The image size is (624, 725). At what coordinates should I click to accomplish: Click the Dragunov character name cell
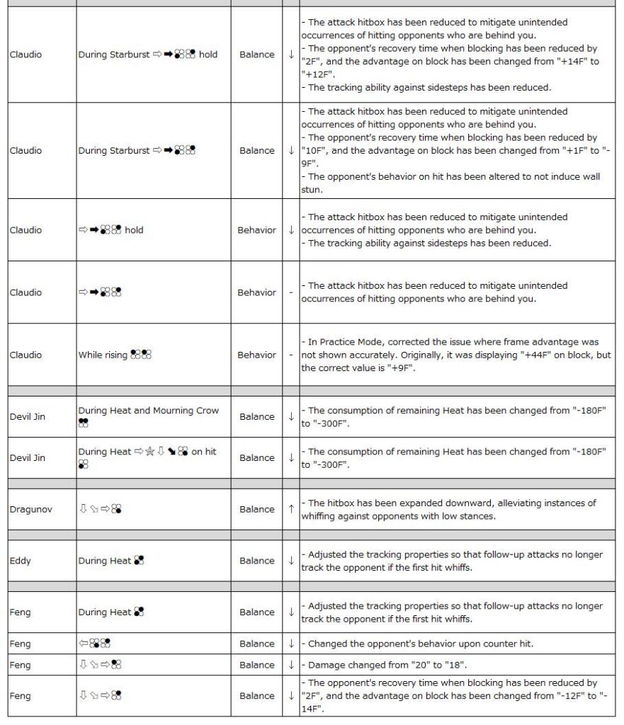point(26,509)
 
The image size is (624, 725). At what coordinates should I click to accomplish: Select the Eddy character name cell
point(20,561)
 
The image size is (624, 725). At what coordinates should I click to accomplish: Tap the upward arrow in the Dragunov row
point(290,509)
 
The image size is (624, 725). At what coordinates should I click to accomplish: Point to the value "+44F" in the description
point(539,355)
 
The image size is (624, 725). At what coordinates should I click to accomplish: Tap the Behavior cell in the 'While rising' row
point(256,355)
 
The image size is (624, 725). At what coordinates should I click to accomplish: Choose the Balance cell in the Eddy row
point(256,561)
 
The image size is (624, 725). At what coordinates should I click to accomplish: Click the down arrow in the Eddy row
point(290,561)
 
